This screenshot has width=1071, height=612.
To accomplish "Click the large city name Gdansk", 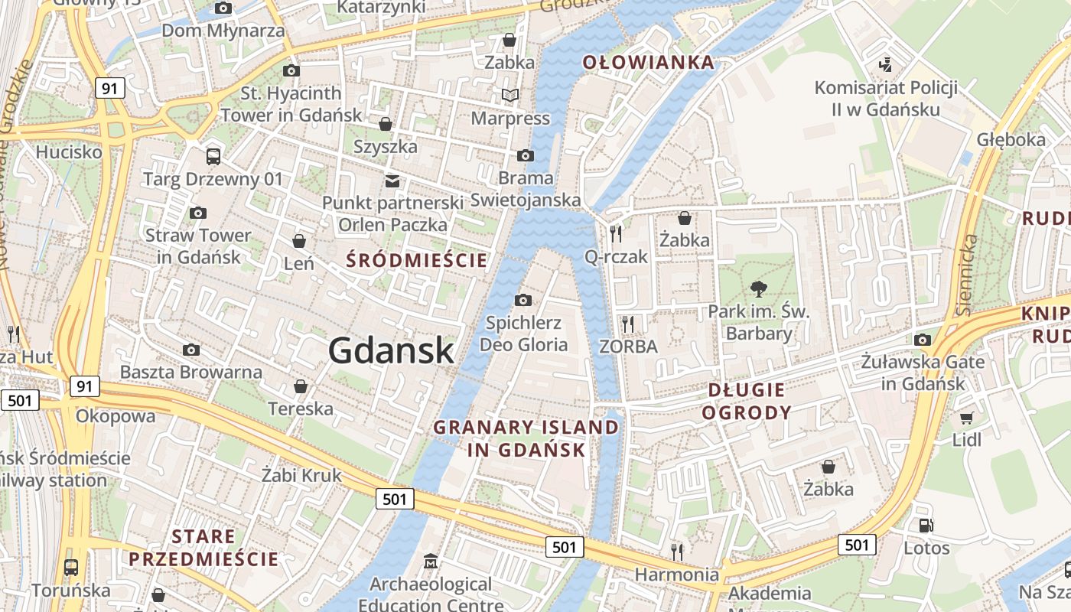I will (391, 350).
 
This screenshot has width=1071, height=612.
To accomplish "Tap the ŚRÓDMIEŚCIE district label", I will (416, 260).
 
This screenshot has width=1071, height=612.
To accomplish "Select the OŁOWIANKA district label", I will (649, 63).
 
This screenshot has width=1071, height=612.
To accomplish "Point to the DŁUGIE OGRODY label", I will (746, 402).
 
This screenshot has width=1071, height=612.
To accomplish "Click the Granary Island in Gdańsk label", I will (526, 438).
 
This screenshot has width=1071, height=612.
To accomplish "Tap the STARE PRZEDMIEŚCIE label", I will (203, 547).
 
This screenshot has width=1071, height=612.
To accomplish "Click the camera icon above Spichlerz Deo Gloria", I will (523, 300).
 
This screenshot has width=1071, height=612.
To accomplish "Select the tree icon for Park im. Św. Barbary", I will (758, 288).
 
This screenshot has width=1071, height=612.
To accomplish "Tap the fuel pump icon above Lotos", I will (926, 526).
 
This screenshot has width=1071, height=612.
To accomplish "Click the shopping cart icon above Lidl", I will (966, 418).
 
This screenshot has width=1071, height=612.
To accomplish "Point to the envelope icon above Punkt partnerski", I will (392, 181).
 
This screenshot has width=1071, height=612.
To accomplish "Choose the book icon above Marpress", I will (510, 96).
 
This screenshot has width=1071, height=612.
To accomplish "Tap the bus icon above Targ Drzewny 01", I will (213, 157).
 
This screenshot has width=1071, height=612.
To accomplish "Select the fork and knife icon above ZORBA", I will (628, 324).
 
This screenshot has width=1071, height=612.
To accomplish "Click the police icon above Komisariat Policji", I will (886, 65).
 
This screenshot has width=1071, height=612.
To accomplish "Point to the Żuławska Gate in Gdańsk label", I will (923, 371).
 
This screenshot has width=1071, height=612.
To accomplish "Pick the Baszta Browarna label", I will (191, 373).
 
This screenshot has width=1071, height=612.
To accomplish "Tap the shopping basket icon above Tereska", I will (301, 386).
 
